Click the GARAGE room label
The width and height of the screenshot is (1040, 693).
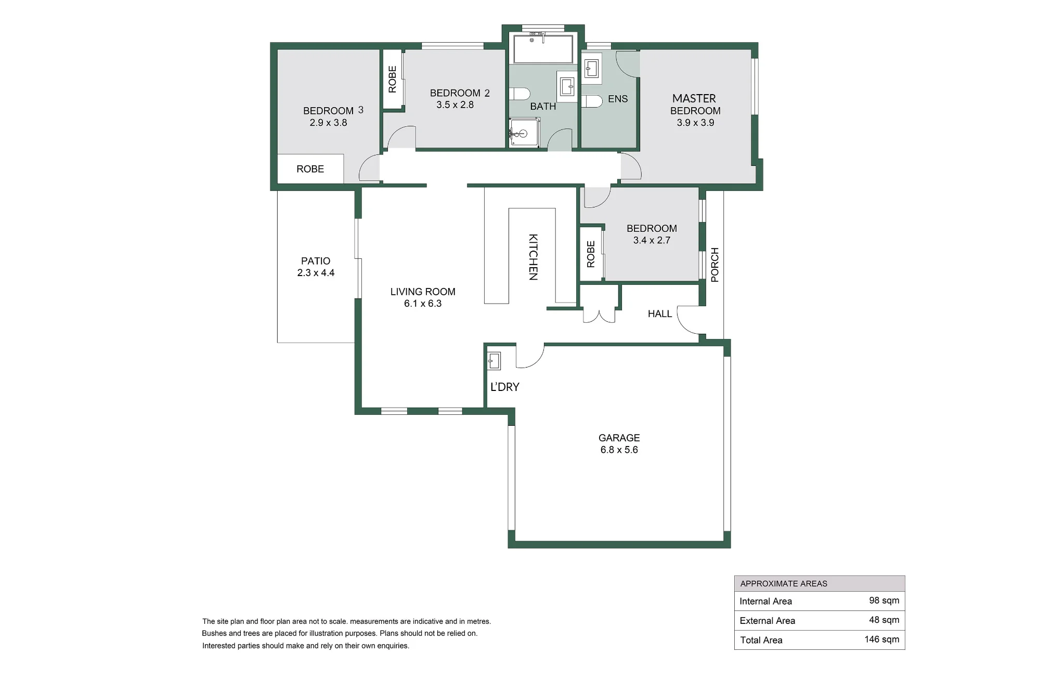tap(619, 438)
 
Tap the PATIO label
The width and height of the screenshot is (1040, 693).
tap(316, 261)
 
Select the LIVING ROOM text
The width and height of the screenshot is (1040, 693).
tap(423, 292)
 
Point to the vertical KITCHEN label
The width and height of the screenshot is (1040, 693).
tap(533, 257)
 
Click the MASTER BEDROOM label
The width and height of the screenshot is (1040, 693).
tap(695, 104)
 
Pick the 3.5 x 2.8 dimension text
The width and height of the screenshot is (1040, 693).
tap(455, 104)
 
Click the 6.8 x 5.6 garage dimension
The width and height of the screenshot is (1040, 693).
tap(619, 450)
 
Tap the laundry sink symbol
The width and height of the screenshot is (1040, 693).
tap(493, 361)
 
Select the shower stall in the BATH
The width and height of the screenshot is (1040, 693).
tap(524, 132)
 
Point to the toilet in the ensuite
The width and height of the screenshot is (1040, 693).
tap(591, 101)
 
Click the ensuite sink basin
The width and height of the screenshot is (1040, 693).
tap(591, 68)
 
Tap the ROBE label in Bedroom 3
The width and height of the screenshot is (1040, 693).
tap(310, 169)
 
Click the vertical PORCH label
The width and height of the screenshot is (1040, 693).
tap(714, 265)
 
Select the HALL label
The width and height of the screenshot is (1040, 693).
tap(660, 313)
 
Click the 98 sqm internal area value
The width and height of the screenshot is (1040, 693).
tap(884, 600)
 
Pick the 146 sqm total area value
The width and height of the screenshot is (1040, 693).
tap(882, 639)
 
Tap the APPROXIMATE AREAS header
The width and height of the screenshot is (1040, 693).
tap(784, 583)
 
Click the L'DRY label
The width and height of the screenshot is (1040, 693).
tap(505, 387)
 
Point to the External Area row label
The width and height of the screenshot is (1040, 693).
tap(768, 620)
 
